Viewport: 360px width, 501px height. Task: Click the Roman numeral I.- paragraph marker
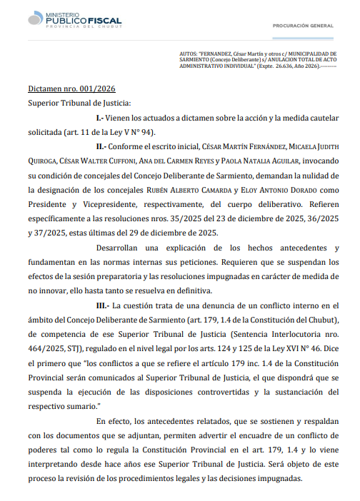100,116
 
